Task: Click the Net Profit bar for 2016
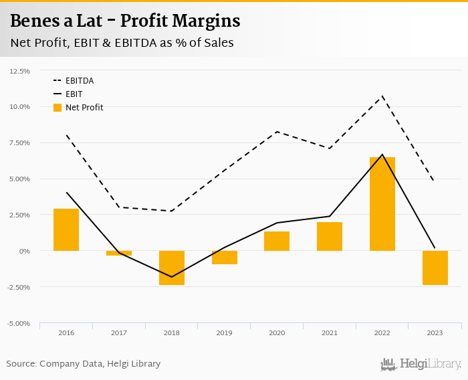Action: pos(66,229)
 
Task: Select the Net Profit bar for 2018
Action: pos(172,268)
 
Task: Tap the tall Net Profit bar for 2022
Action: pos(382,204)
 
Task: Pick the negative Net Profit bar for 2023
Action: pos(435,268)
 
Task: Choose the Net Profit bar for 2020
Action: pos(277,241)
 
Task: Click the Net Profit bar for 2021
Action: pos(330,236)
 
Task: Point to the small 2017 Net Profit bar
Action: pos(119,253)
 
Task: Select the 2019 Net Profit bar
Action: pos(225,258)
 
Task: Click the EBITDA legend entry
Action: pos(79,81)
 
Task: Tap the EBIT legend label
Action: pos(74,94)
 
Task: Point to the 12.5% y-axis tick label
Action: pos(19,70)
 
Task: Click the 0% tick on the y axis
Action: pos(24,251)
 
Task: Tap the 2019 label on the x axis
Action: pos(225,332)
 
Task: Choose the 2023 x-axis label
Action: pos(435,332)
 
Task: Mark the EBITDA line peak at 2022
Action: pos(382,96)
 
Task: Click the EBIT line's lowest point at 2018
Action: pos(172,277)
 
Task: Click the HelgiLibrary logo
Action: pos(421,365)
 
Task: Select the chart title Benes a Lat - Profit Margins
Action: pos(125,21)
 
